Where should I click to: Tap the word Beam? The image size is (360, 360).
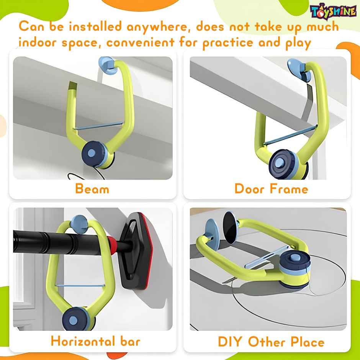click(x=92, y=189)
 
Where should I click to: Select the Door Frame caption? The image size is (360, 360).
click(x=271, y=189)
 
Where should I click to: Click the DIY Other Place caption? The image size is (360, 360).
click(x=271, y=341)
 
